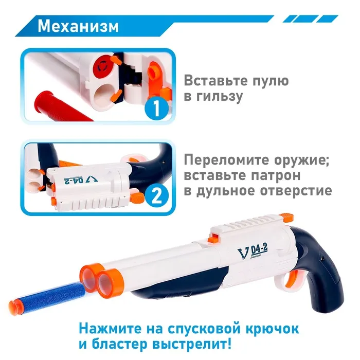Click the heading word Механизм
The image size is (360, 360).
[x=78, y=26]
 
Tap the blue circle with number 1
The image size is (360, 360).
[x=156, y=108]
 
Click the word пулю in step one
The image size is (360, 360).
[x=271, y=81]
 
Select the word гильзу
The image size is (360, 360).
[x=220, y=97]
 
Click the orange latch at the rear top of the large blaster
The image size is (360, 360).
[x=286, y=217]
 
